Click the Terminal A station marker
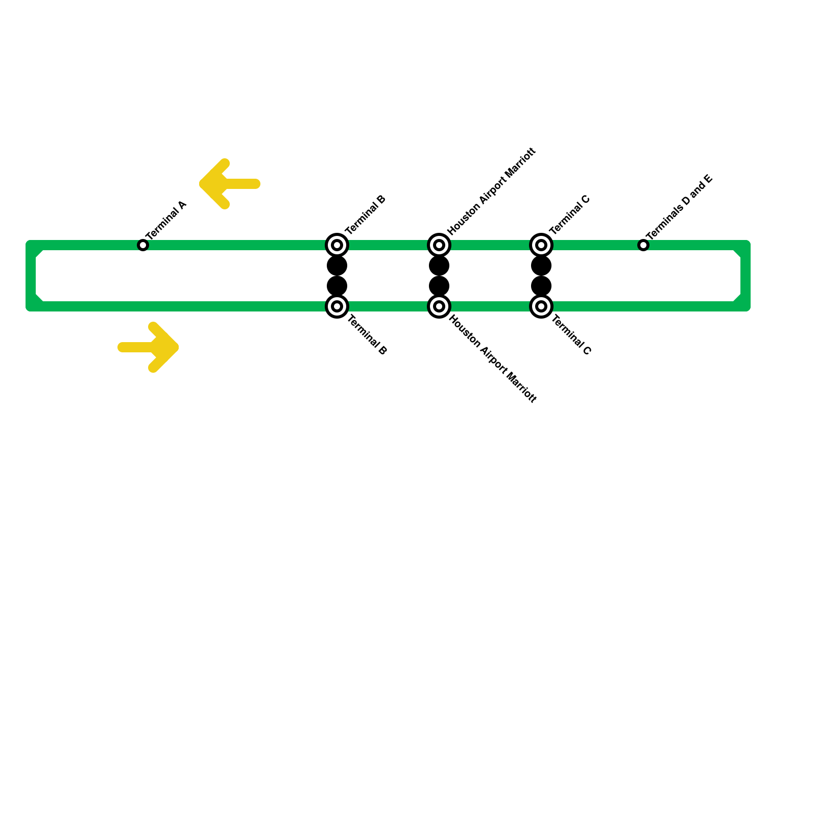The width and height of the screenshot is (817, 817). [x=143, y=245]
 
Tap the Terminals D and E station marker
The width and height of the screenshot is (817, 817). [x=643, y=245]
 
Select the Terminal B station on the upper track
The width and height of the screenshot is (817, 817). [x=337, y=245]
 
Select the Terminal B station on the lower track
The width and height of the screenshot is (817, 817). [x=337, y=306]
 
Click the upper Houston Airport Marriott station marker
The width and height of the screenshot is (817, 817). [x=439, y=245]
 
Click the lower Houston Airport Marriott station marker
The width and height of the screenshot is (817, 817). [x=439, y=306]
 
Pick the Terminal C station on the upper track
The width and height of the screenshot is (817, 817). [x=541, y=245]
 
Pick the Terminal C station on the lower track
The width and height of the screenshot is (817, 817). [x=541, y=306]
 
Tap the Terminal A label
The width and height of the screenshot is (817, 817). [x=166, y=220]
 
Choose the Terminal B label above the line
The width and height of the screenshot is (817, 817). [x=366, y=214]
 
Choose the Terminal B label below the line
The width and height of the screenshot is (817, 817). [x=367, y=335]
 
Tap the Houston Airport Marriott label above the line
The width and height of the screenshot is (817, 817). [x=492, y=191]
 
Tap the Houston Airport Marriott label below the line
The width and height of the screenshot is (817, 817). [x=493, y=359]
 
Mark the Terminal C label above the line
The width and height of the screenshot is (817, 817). [x=570, y=214]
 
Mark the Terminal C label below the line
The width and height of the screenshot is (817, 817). [x=571, y=335]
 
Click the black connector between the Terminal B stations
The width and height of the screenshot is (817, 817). [x=337, y=276]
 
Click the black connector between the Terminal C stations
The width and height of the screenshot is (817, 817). [x=541, y=276]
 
